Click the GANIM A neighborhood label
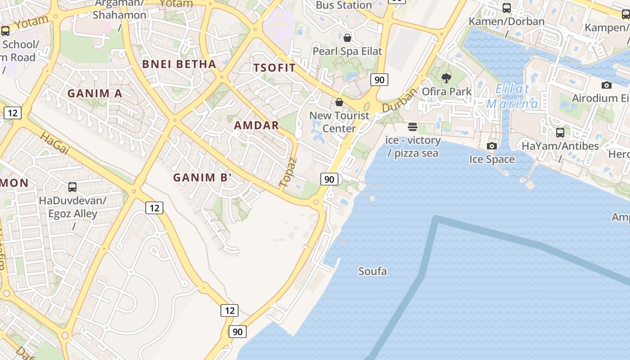(94, 94)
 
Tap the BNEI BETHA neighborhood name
(179, 64)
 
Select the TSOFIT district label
(274, 68)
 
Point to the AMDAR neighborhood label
(256, 126)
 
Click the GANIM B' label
(202, 178)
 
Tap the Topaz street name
(288, 172)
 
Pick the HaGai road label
(54, 144)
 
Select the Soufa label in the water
(373, 271)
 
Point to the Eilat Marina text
(512, 96)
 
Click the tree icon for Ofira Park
(446, 78)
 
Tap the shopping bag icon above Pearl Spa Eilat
(347, 37)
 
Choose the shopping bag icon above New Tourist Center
(339, 102)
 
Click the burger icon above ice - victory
(413, 127)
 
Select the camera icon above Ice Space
(492, 146)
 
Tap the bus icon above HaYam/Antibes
(560, 133)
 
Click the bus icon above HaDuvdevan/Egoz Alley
(72, 187)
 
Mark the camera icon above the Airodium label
(606, 85)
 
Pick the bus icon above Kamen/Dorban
(506, 8)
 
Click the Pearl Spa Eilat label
(347, 51)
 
